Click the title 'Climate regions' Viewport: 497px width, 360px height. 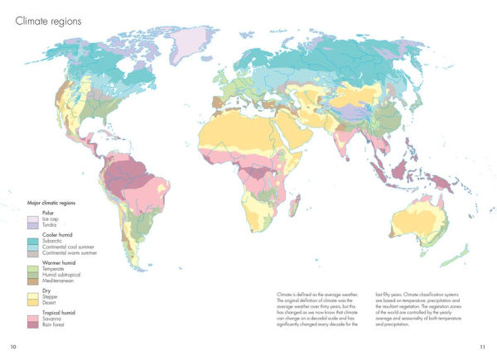coord(48,21)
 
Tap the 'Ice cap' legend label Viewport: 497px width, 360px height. coord(51,219)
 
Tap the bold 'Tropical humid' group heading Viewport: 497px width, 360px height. coord(60,313)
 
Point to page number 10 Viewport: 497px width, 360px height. coord(12,346)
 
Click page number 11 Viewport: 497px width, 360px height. coord(483,346)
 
